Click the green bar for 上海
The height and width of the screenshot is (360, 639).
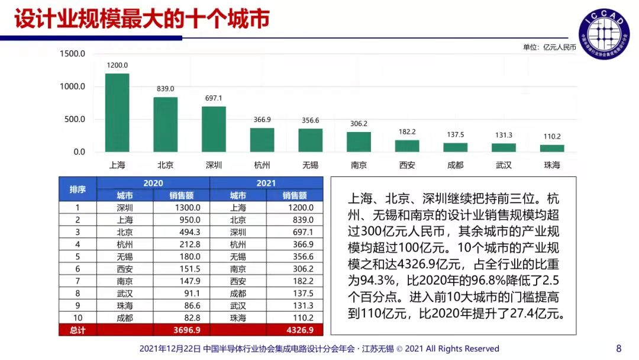117,112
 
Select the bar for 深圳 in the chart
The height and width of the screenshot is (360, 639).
214,129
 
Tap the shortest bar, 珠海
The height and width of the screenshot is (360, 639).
552,148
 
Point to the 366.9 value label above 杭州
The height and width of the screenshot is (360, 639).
262,120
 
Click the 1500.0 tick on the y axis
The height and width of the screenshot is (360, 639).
73,54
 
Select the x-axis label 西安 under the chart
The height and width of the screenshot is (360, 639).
407,165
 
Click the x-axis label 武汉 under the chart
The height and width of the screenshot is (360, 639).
504,165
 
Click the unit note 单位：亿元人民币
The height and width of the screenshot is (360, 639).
549,47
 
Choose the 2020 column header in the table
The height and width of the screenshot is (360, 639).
153,183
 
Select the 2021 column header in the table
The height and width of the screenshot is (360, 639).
266,183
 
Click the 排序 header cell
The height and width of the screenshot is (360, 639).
78,189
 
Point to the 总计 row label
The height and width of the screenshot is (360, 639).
78,330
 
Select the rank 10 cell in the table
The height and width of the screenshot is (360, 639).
78,317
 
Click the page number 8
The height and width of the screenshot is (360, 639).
619,348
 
